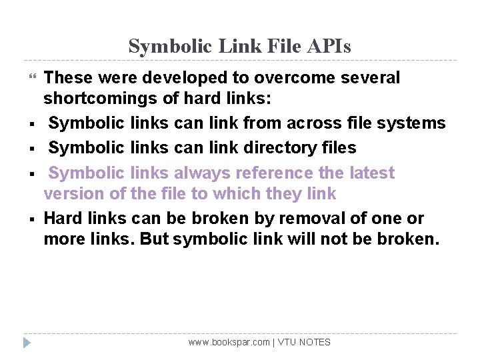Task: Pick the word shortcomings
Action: point(99,100)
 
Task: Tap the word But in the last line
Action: point(155,239)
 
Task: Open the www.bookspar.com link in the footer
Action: point(229,342)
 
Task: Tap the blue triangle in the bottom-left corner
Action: point(26,343)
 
